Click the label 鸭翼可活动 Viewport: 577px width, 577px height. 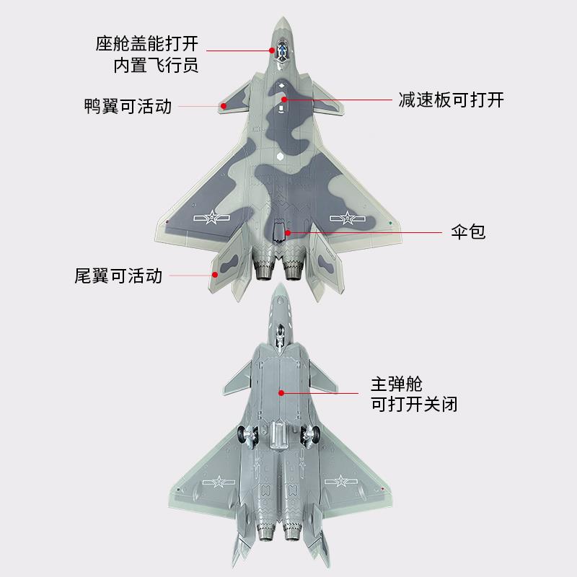click(x=128, y=107)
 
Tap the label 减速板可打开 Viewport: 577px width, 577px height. click(x=451, y=100)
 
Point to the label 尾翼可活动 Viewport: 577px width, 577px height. click(x=118, y=275)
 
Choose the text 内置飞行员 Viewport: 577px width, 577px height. click(x=156, y=66)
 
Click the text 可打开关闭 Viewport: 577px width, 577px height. click(x=413, y=404)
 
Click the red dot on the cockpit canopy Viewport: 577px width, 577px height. click(x=273, y=50)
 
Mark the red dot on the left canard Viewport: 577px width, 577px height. click(x=224, y=106)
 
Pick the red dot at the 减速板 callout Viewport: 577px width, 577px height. click(x=285, y=100)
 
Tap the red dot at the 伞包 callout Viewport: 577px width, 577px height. click(x=288, y=232)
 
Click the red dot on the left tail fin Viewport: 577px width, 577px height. click(x=214, y=274)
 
